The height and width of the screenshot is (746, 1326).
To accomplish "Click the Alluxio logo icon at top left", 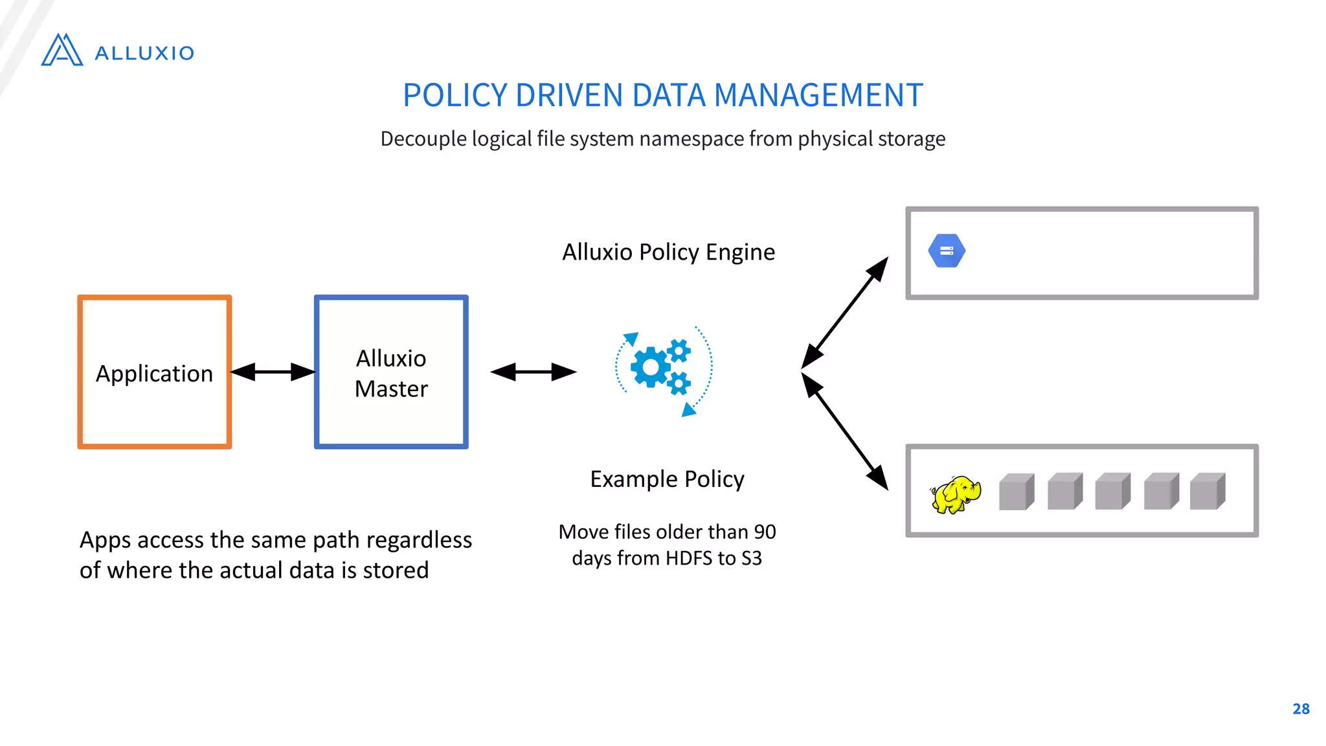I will pyautogui.click(x=62, y=51).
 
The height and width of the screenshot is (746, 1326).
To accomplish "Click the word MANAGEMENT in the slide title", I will pyautogui.click(x=818, y=95).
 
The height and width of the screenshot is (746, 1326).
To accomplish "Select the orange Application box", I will pyautogui.click(x=154, y=372).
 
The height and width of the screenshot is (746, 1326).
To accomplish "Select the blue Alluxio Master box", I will pyautogui.click(x=391, y=372).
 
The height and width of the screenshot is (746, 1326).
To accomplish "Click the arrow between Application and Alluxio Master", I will pyautogui.click(x=273, y=372).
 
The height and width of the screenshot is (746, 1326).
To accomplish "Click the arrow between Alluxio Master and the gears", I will pyautogui.click(x=533, y=372).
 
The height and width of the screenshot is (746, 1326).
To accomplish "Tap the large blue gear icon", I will pyautogui.click(x=651, y=367).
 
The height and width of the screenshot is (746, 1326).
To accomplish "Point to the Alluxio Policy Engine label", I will pyautogui.click(x=668, y=252).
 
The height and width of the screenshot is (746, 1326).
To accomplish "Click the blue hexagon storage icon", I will pyautogui.click(x=947, y=251).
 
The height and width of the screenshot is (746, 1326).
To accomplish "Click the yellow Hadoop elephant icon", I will pyautogui.click(x=956, y=495).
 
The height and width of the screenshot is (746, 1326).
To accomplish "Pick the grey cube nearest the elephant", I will pyautogui.click(x=1016, y=492).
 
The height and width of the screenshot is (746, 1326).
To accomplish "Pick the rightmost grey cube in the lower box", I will pyautogui.click(x=1208, y=492).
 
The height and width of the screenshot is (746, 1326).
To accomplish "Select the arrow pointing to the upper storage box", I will pyautogui.click(x=845, y=313).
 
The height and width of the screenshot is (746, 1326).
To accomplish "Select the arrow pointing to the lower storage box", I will pyautogui.click(x=845, y=432).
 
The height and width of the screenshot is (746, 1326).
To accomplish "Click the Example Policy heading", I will pyautogui.click(x=667, y=479).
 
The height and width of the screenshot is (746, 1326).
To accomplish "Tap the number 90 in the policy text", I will pyautogui.click(x=765, y=532).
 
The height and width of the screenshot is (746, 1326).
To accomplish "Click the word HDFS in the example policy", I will pyautogui.click(x=689, y=558).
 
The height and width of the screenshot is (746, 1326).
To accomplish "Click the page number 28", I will pyautogui.click(x=1301, y=709).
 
